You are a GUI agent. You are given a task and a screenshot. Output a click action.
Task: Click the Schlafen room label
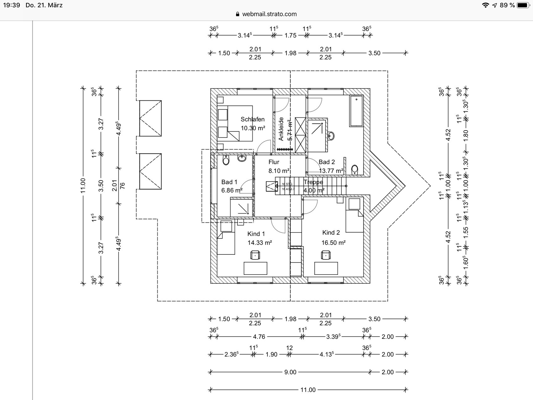pos(252,119)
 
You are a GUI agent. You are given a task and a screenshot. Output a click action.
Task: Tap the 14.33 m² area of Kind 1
pos(260,243)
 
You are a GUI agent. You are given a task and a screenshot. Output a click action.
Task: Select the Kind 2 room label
pos(331,232)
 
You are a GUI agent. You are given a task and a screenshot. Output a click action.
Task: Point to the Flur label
pos(274,162)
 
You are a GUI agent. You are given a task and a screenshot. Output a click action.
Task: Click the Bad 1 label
pos(229,182)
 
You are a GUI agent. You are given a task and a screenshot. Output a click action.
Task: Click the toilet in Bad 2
pos(355,169)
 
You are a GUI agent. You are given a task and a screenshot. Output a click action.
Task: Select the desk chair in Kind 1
pos(255,255)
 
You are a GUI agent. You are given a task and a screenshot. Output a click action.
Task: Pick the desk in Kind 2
pos(326,268)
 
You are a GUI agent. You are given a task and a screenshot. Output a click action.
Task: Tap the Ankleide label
pos(281,129)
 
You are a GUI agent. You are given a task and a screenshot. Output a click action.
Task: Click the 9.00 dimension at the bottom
pos(290,372)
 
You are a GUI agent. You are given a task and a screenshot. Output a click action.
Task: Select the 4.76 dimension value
pos(259,337)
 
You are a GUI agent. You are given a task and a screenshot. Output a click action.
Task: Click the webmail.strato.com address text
pos(269,14)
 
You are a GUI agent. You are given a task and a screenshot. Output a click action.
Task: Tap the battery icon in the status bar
pos(523,5)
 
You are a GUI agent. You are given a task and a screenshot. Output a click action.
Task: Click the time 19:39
pos(12,5)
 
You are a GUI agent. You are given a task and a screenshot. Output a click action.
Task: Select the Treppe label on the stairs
pos(313,182)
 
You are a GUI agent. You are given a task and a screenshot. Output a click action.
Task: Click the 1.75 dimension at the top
pos(290,35)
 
